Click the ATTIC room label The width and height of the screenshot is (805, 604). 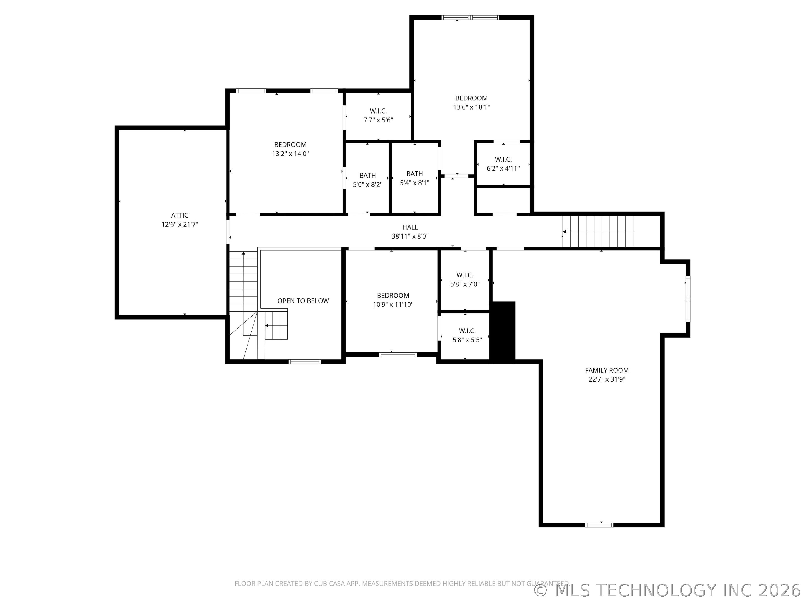[x=180, y=215]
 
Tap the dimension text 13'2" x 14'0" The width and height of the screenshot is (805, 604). [x=290, y=154]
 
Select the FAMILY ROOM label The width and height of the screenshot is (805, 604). [x=607, y=370]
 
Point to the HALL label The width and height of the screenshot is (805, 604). [x=410, y=227]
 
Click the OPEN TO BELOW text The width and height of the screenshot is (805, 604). [x=303, y=301]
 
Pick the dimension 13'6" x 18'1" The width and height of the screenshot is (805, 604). [x=471, y=107]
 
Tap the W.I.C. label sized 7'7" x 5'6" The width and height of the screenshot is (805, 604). [x=378, y=111]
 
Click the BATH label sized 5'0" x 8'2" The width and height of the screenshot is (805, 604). [x=368, y=176]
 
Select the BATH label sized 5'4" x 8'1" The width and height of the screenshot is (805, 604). [x=415, y=174]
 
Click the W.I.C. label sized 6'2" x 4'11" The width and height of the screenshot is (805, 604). [x=503, y=159]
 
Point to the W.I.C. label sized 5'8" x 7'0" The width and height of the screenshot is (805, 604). [x=465, y=275]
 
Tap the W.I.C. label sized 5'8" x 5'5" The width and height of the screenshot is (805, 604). [x=467, y=331]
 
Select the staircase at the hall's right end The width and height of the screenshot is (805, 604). [x=598, y=232]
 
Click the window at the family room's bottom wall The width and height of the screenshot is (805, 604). [x=599, y=525]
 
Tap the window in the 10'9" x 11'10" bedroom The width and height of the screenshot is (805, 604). [x=398, y=354]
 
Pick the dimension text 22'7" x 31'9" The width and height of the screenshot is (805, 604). [x=607, y=379]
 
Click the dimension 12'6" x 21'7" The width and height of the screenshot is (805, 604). [x=180, y=224]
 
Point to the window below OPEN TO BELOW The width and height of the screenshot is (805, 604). [x=305, y=362]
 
